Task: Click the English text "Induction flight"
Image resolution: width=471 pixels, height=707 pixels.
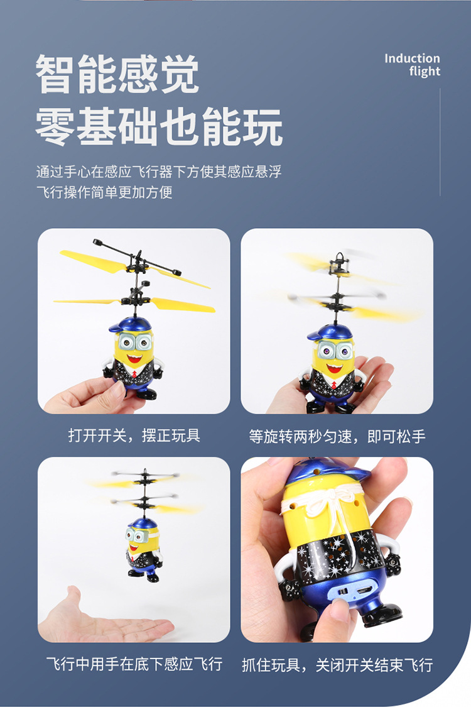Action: [412, 65]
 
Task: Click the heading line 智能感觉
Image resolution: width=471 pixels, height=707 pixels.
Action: [117, 75]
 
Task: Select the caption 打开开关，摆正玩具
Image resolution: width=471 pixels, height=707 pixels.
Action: [134, 436]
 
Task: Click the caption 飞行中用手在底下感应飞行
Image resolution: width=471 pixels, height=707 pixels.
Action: [134, 664]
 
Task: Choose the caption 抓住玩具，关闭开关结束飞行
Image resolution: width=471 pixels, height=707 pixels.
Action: [337, 664]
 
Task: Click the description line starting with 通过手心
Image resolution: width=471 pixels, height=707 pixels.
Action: [158, 172]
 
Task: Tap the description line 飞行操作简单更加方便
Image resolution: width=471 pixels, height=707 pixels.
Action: [104, 192]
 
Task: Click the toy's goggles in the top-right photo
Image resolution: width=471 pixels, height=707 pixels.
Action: [337, 349]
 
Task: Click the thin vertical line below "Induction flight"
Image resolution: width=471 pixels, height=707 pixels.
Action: [440, 141]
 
